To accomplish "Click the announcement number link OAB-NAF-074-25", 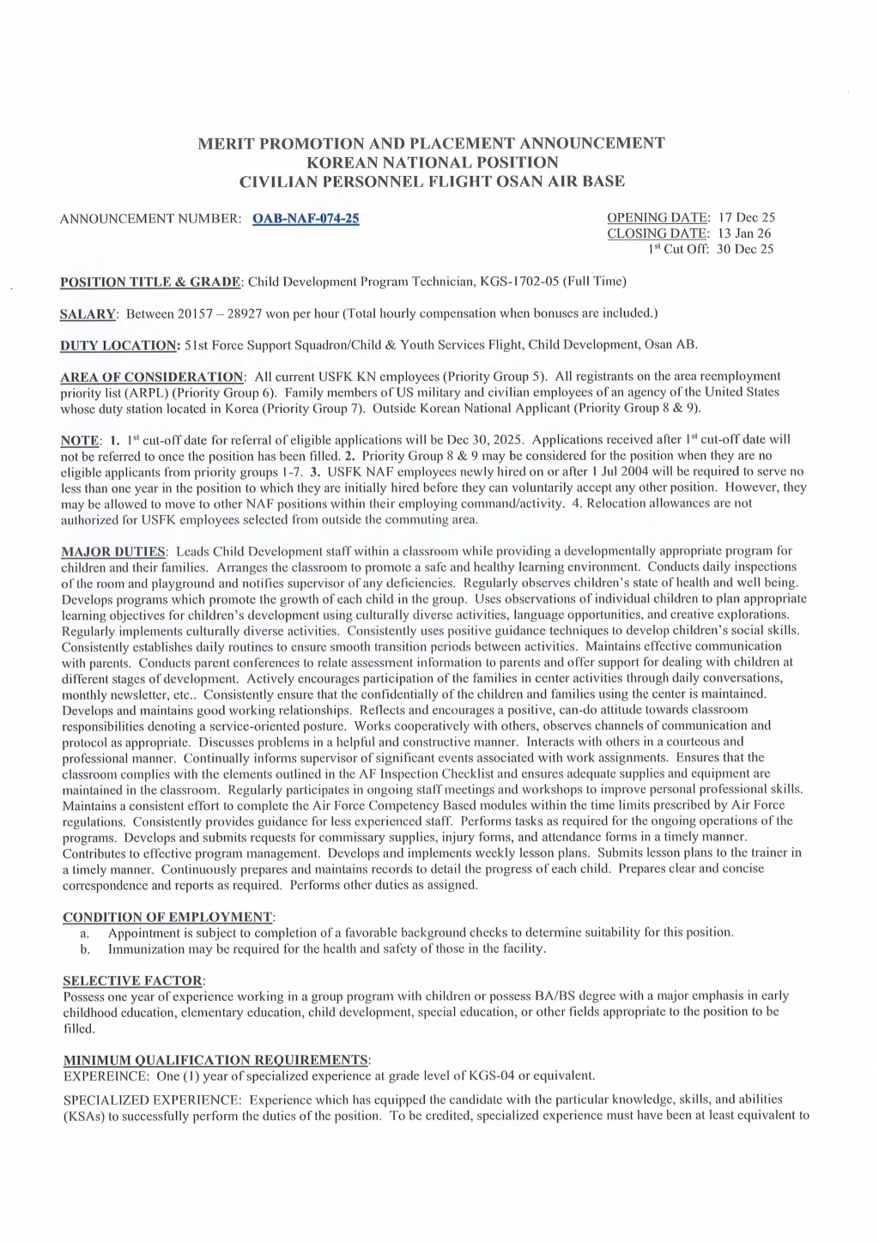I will [x=306, y=218].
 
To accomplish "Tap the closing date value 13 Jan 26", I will [x=745, y=233].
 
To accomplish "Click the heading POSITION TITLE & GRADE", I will [x=152, y=282].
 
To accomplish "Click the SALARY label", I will [x=88, y=313].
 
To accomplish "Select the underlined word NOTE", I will [x=80, y=440].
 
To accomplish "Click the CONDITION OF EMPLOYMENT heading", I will [x=169, y=917].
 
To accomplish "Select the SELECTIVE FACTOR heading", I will [x=134, y=980].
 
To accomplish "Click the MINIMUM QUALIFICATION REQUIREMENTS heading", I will [x=216, y=1060].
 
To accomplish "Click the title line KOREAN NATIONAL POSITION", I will [x=432, y=162].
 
